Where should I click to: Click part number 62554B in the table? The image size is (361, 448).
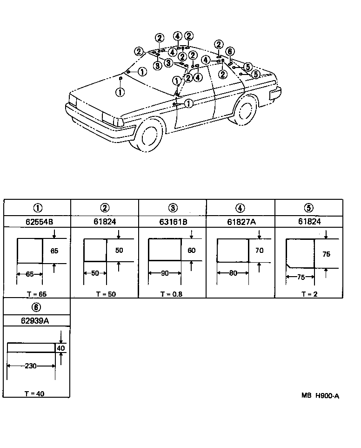click(37, 222)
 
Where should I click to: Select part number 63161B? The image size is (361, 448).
click(173, 222)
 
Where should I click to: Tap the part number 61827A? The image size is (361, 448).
click(241, 222)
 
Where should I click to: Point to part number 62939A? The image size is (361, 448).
click(37, 320)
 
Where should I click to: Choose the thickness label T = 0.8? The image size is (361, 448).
click(172, 294)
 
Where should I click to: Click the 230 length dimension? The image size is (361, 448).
click(31, 366)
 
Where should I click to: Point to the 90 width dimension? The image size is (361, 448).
click(164, 273)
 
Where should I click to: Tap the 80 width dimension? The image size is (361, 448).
click(233, 273)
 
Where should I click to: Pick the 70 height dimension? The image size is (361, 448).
click(259, 251)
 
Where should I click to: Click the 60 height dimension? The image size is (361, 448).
click(191, 251)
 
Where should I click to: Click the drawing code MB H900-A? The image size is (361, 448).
click(320, 396)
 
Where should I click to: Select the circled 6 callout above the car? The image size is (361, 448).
click(229, 51)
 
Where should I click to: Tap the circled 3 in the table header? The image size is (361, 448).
click(173, 208)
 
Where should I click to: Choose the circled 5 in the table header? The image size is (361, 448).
click(309, 208)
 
